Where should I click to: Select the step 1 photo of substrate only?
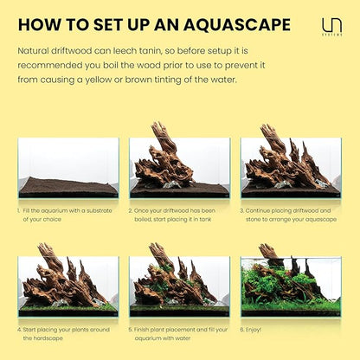(68, 168)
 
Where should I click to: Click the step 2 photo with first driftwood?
(179, 168)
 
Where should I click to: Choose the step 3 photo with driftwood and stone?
(290, 168)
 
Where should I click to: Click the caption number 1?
(18, 209)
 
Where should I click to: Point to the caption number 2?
(130, 209)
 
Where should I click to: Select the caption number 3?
(241, 209)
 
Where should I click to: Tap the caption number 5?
(130, 329)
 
